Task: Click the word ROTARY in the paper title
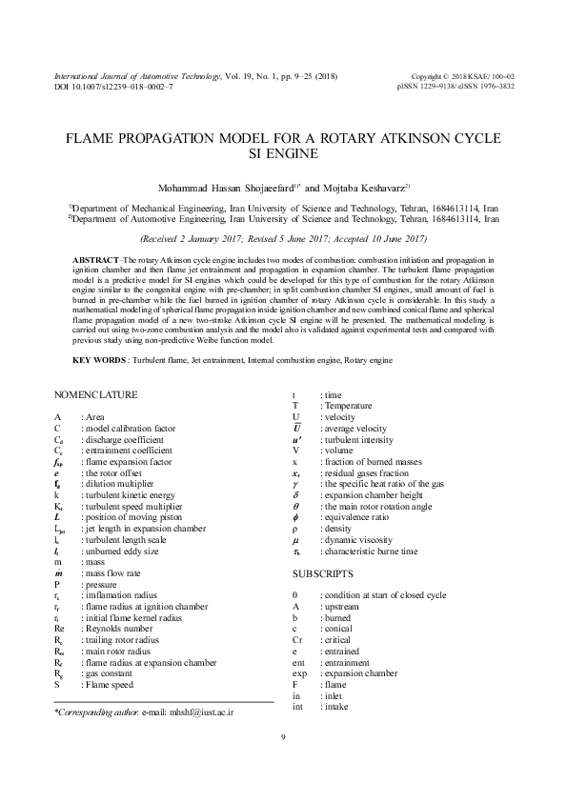point(358,137)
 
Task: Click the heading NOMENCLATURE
point(96,394)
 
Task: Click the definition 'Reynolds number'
point(118,630)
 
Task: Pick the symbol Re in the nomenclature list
point(59,630)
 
